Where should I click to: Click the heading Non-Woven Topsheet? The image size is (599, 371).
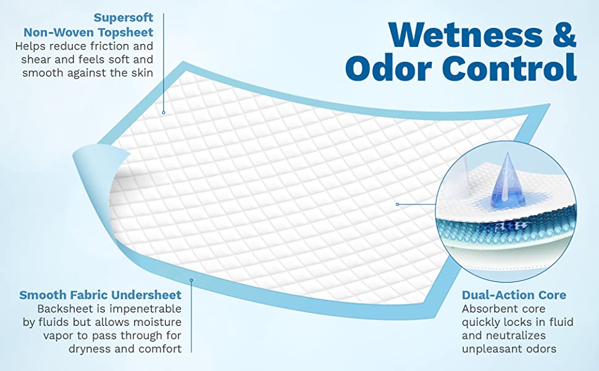88,32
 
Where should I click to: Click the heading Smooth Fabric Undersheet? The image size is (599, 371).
101,295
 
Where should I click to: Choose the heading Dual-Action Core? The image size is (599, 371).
514,295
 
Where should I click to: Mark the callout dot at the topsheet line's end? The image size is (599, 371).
164,113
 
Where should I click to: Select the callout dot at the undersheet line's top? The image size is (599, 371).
191,280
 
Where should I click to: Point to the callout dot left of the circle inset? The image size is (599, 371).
397,203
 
